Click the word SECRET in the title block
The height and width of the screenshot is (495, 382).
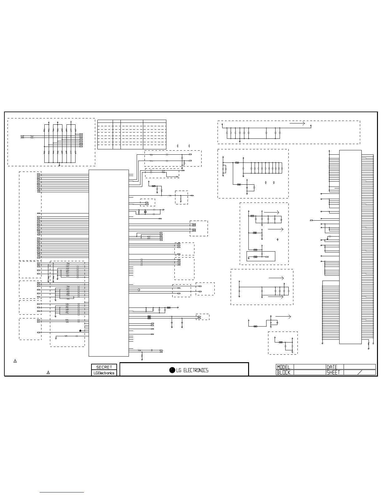point(104,367)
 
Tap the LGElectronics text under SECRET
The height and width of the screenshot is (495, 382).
point(104,373)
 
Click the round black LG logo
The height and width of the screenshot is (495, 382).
point(172,370)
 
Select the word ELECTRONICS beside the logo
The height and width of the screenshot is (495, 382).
point(196,371)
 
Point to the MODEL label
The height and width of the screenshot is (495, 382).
point(283,367)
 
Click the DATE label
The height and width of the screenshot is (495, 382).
point(332,367)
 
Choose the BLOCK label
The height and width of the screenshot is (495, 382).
point(283,372)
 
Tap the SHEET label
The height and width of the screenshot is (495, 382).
point(333,372)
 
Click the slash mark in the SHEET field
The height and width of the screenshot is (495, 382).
point(360,372)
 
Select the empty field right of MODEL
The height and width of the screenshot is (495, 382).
point(310,367)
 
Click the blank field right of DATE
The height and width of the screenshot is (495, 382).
point(360,367)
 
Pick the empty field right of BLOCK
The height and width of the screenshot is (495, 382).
point(310,372)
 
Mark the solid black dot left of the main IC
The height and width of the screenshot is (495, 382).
point(80,331)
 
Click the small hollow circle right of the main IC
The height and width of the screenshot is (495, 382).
point(139,290)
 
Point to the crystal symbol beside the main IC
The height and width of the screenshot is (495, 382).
point(145,212)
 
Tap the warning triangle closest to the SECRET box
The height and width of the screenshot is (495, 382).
point(48,372)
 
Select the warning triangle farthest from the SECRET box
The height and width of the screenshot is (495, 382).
point(15,361)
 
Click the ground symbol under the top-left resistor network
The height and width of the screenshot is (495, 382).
point(59,165)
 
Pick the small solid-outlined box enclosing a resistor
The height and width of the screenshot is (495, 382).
point(261,256)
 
